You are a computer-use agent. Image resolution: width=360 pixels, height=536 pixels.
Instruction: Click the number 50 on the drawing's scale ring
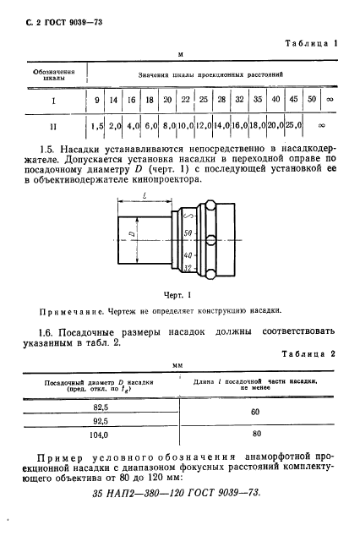click(188, 232)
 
